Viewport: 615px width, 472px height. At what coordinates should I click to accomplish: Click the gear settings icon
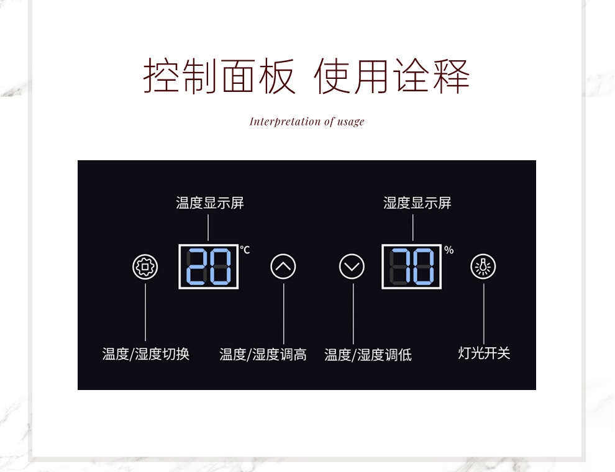coord(145,267)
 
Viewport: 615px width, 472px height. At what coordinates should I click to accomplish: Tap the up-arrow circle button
coord(283,266)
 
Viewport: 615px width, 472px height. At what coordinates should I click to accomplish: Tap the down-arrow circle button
coord(352,266)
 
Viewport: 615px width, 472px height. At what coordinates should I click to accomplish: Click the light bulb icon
coord(483,266)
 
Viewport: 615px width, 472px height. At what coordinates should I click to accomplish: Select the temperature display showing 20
coord(209,266)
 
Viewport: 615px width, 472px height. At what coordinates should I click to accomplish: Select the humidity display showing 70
coord(411,266)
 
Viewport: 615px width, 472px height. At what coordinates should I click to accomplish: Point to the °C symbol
coord(245,250)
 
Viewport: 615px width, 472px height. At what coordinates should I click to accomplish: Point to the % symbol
coord(449,250)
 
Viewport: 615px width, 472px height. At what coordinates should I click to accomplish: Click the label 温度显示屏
coord(210,203)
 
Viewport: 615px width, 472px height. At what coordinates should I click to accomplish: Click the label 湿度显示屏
coord(417,203)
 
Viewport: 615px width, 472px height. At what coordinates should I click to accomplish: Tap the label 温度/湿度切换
coord(146,354)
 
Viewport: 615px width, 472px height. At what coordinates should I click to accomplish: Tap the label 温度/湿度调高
coord(263,355)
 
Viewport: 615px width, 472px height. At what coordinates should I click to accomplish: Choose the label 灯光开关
coord(484,353)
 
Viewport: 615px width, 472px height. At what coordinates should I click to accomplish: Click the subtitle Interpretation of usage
coord(307,122)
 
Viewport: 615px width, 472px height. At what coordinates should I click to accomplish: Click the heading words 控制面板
coord(219,76)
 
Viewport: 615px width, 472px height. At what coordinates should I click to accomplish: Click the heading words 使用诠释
coord(392,76)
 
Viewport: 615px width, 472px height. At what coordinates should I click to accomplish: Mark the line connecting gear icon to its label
coord(145,312)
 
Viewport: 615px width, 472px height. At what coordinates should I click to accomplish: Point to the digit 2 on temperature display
coord(196,266)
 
